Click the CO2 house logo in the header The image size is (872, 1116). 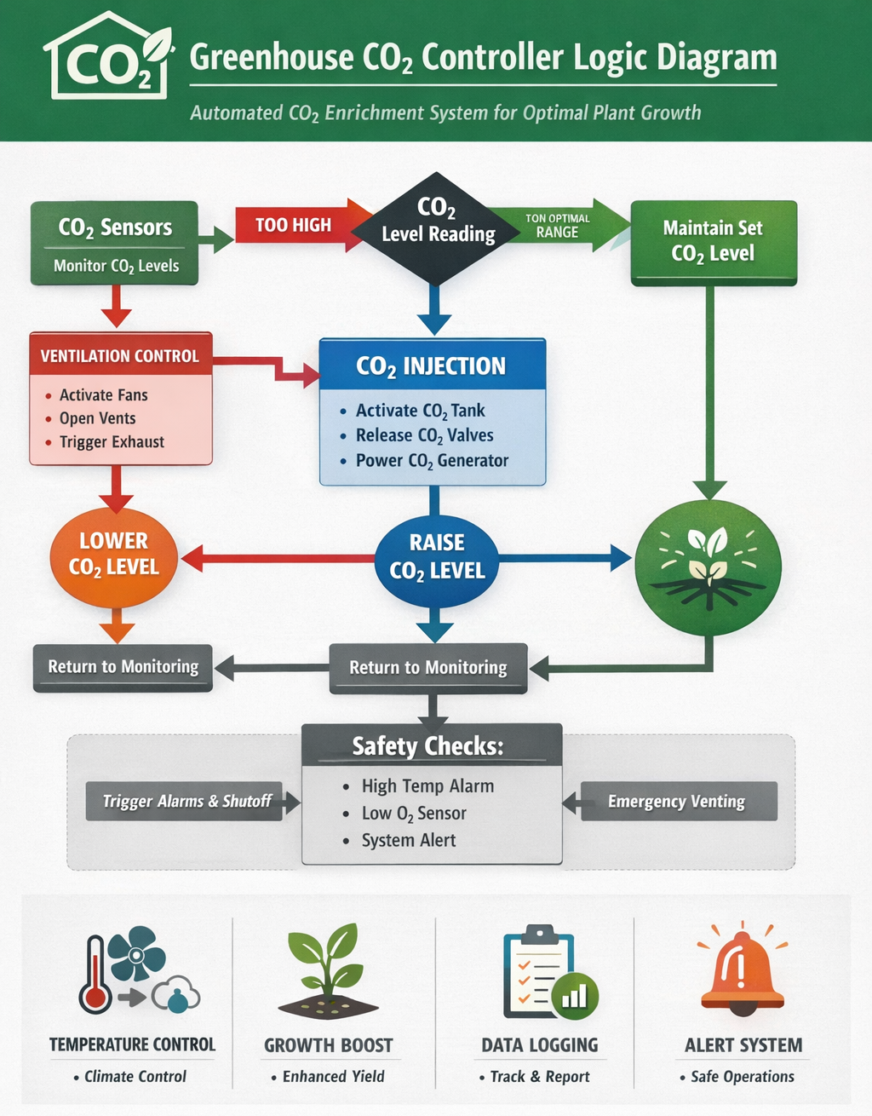(x=106, y=58)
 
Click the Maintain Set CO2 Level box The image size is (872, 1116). (x=713, y=241)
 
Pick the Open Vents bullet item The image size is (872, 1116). (x=97, y=418)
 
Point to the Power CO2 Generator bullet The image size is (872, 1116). (x=431, y=461)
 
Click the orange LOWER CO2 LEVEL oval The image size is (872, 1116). (x=113, y=555)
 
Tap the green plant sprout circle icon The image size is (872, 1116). (x=708, y=567)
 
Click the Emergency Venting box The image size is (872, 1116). (x=678, y=801)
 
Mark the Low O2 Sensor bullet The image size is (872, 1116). (x=413, y=814)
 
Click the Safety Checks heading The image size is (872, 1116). (x=429, y=746)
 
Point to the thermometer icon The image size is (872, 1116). (x=95, y=975)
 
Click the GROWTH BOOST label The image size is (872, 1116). (x=329, y=1045)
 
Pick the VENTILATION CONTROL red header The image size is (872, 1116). (x=120, y=355)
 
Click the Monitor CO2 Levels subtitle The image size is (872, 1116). (x=116, y=266)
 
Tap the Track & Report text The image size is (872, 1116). (x=539, y=1077)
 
